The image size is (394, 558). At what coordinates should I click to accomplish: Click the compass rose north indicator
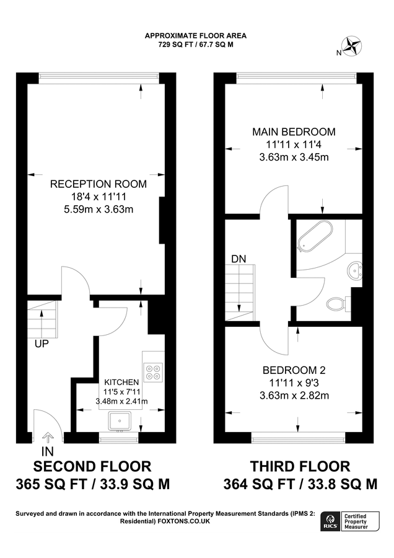point(352,46)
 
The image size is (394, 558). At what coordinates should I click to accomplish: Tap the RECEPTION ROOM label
point(98,184)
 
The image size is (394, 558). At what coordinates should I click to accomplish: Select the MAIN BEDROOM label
point(294,132)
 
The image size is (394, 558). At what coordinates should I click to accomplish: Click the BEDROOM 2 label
point(294,370)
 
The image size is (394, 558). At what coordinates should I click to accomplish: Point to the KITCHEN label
point(121,382)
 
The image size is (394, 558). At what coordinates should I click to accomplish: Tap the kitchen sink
point(120,421)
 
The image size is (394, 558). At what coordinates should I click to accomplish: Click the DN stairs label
point(239,259)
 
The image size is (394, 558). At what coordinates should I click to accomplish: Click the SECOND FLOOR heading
point(92,466)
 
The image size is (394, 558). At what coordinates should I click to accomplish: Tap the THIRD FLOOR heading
point(300,466)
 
